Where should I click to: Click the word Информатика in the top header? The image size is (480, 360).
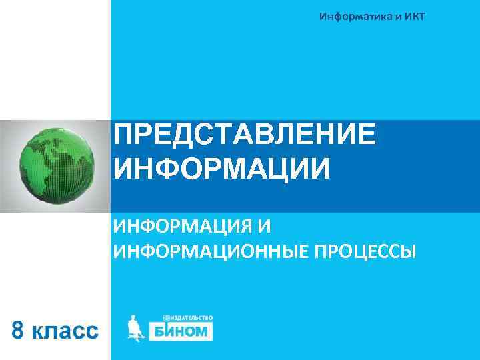[357, 16]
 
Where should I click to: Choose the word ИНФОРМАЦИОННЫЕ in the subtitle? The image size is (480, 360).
[203, 252]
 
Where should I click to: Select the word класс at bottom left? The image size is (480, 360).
[65, 329]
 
